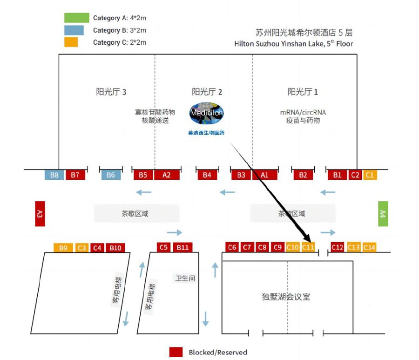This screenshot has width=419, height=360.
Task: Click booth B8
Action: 54,175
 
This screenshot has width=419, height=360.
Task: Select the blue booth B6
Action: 111,175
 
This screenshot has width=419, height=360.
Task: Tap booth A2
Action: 166,175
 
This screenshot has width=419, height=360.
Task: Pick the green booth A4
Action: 383,214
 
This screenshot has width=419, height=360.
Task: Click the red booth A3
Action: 40,214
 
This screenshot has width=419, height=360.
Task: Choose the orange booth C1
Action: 370,175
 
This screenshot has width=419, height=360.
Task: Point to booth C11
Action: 308,247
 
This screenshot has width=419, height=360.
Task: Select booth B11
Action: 182,247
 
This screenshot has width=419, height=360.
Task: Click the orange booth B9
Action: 63,248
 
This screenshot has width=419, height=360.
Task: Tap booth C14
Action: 369,247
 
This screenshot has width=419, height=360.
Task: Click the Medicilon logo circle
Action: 206,113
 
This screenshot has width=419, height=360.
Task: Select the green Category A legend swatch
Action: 77,18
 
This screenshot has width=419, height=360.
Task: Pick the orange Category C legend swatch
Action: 71,42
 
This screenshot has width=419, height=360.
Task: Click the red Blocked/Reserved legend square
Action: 176,352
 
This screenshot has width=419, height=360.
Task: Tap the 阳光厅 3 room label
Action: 111,92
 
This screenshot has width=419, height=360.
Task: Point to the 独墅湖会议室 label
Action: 286,297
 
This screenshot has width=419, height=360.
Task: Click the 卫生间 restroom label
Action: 185,278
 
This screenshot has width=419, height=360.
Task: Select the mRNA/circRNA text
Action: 303,112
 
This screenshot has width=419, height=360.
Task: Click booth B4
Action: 207,175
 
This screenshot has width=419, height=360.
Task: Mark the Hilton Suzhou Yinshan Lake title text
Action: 293,44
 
